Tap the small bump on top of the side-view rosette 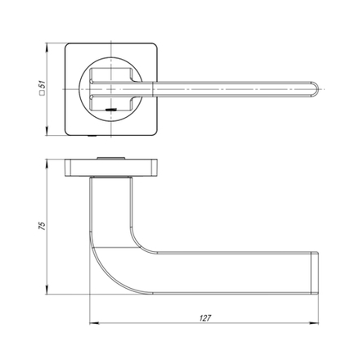[108, 155]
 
